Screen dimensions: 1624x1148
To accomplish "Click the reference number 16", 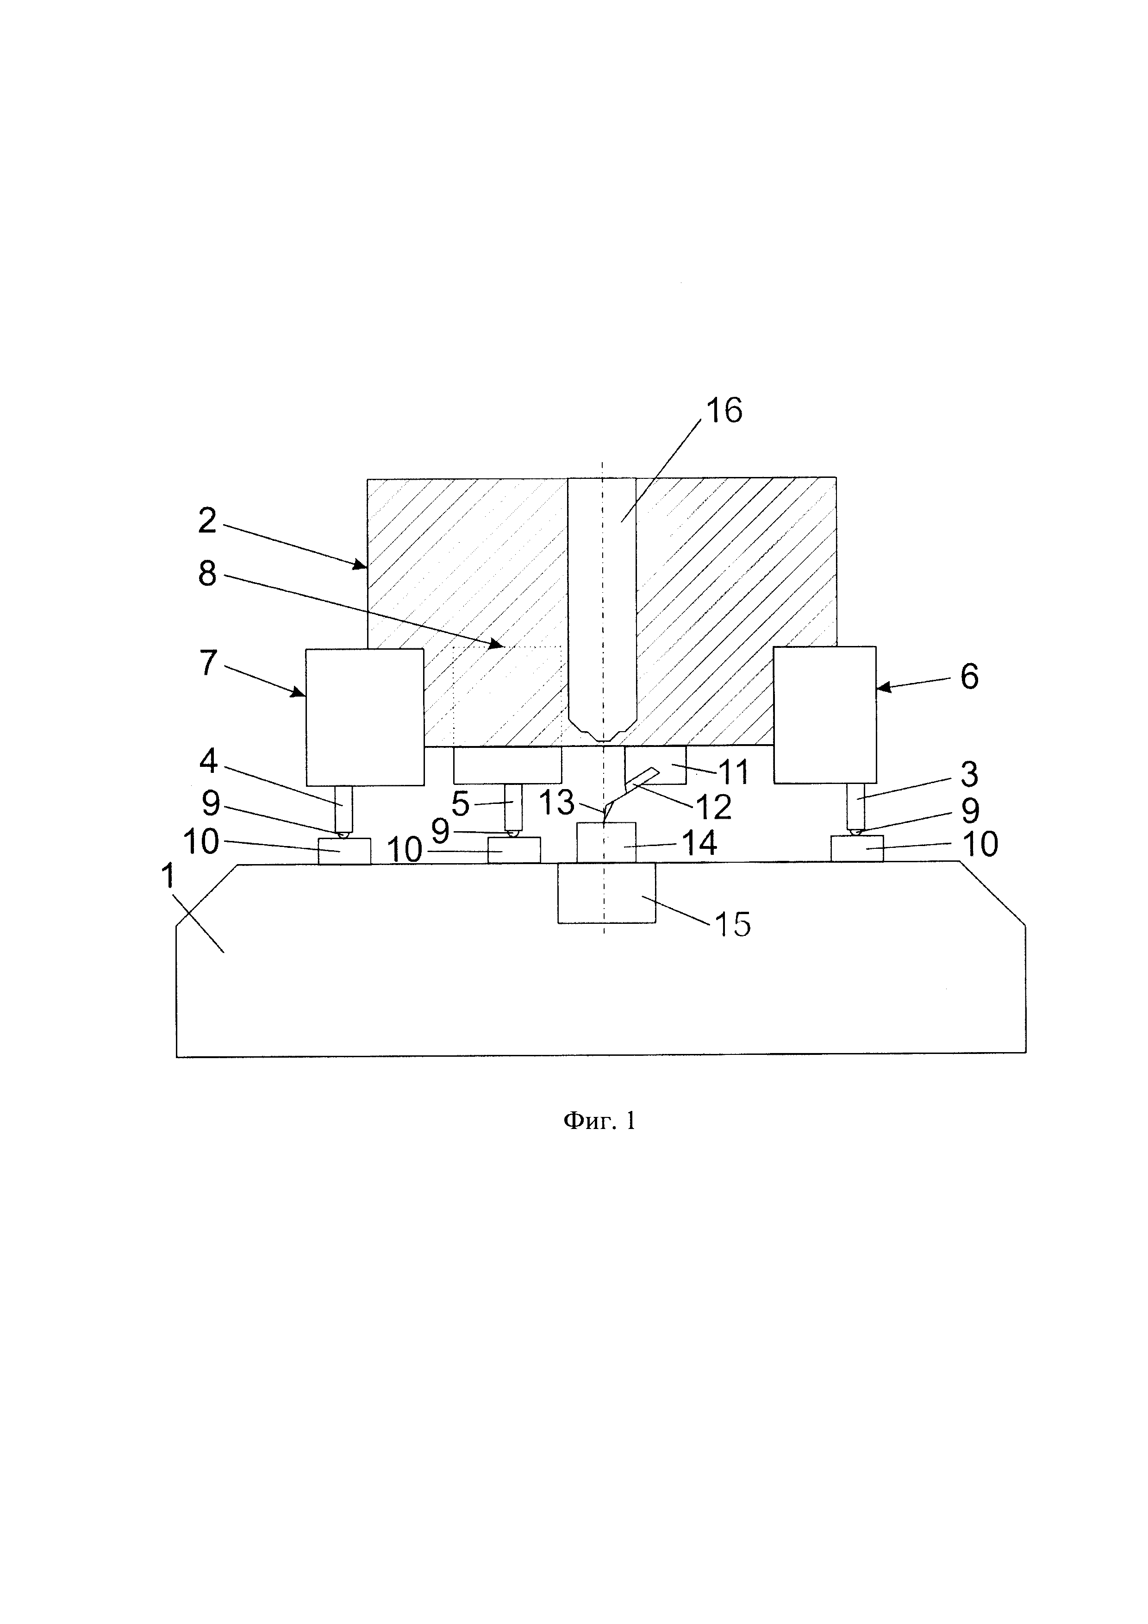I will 724,411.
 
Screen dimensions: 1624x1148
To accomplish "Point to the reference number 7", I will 207,663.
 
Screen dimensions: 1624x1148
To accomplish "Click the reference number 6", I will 969,677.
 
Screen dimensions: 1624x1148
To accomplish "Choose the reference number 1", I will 168,877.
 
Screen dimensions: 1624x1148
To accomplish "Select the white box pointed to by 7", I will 364,716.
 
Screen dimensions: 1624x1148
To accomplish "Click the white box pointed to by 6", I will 824,715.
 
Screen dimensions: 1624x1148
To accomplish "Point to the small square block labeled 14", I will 606,842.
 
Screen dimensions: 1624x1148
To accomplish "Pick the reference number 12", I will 714,806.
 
